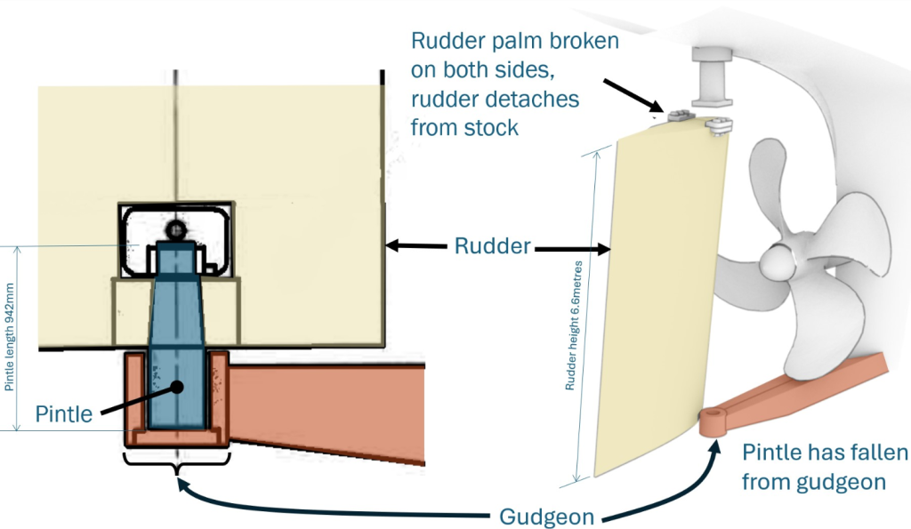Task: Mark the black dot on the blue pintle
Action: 178,387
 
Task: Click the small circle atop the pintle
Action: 177,230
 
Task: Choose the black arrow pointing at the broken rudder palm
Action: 632,95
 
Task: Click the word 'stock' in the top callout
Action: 487,127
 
